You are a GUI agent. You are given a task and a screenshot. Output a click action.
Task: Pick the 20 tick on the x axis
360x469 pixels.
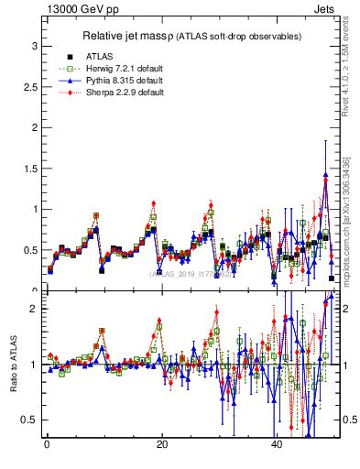(161, 445)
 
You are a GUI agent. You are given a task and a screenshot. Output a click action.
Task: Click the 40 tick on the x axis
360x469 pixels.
(277, 445)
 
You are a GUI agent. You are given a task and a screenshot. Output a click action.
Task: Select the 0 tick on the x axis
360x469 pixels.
(46, 445)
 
